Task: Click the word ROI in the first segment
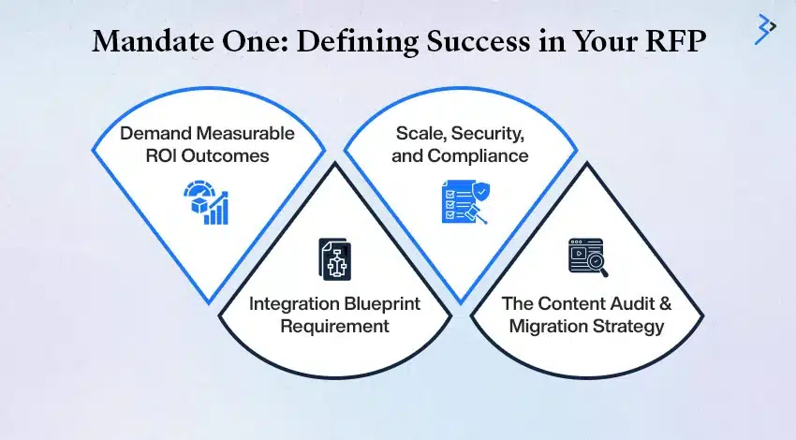click(x=161, y=155)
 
